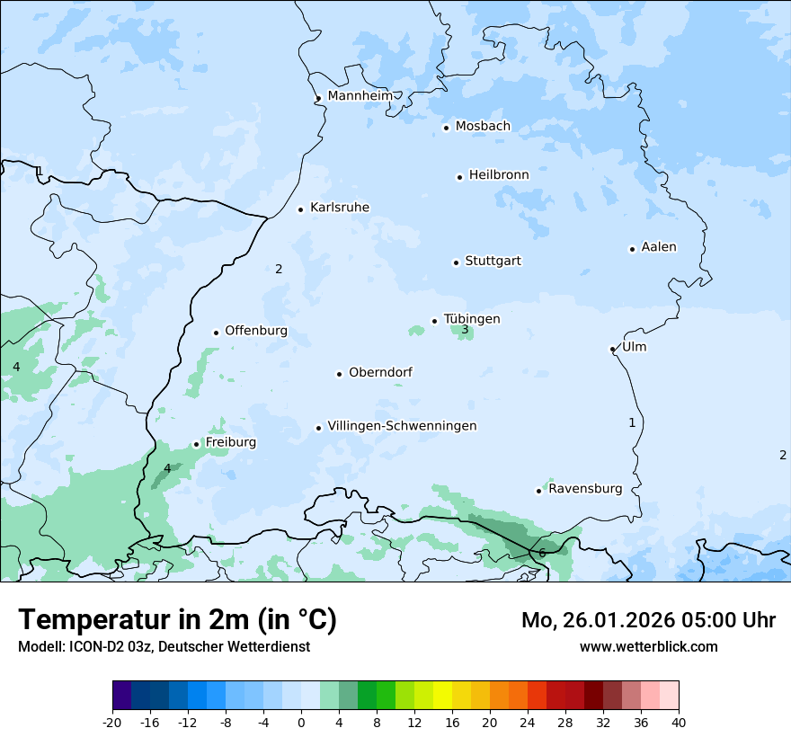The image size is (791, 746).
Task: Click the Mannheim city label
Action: coord(360,95)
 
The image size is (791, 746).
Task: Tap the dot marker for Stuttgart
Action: coord(456,262)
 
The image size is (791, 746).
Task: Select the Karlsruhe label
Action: coord(339,208)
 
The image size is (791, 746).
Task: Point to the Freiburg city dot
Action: coord(196,444)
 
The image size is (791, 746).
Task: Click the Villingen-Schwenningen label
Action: coord(402,426)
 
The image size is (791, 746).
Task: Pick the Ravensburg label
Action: coord(585,489)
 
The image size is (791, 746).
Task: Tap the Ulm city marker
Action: coord(612,349)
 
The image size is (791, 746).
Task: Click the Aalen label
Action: coord(659,247)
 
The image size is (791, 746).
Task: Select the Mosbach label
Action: coord(483,127)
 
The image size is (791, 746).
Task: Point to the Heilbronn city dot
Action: coord(459,177)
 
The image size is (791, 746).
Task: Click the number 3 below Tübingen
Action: coord(465,330)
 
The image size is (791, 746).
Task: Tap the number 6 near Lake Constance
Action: coord(542,553)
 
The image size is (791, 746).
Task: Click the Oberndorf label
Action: coord(380,372)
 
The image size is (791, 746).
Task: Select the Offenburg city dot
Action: coord(216,333)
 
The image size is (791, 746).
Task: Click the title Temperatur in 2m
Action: coord(177,620)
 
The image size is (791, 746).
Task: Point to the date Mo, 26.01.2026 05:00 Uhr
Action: coord(648,620)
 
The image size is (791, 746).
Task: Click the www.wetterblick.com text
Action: coord(648,646)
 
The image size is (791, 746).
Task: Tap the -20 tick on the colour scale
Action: coord(112,722)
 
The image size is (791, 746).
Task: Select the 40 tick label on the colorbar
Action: coord(678,722)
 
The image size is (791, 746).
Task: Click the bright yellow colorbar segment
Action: coord(441,696)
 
